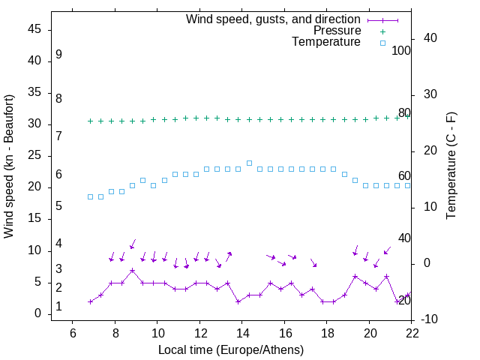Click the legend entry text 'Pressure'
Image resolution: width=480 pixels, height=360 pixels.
[337, 31]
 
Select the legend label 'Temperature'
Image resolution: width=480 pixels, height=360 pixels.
[326, 43]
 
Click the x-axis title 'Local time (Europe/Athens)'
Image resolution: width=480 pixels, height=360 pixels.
[231, 350]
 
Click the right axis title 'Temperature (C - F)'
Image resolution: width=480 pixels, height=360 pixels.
[451, 166]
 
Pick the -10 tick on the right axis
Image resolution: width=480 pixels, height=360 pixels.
[429, 319]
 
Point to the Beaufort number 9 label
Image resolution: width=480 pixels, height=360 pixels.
[58, 55]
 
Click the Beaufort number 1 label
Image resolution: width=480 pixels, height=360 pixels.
[58, 307]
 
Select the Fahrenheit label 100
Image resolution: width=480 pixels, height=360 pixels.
[401, 50]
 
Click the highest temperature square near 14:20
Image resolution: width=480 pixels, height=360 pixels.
[249, 163]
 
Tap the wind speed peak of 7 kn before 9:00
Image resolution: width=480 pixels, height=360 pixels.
[132, 270]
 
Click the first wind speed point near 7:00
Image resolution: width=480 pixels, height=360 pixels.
[90, 301]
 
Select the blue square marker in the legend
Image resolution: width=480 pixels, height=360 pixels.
[382, 43]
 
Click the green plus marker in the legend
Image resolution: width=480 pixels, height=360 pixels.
[382, 31]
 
